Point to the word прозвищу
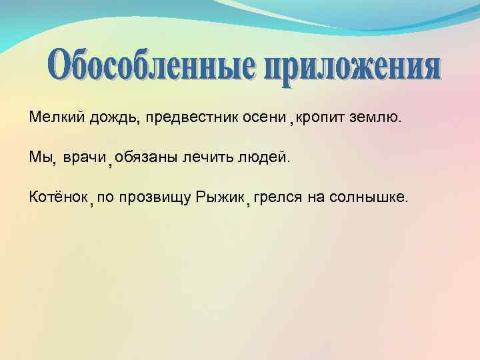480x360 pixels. click(x=157, y=197)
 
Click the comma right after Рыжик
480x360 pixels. click(x=247, y=203)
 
